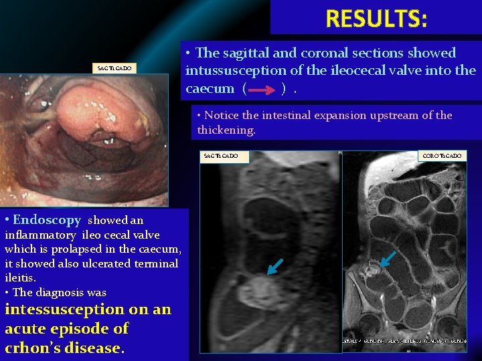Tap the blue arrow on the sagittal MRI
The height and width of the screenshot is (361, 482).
click(274, 266)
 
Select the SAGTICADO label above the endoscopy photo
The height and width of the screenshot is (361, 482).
click(116, 68)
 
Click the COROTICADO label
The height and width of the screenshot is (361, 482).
click(442, 156)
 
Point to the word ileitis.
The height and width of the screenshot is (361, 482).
click(20, 277)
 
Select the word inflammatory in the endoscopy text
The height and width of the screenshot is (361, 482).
click(39, 235)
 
